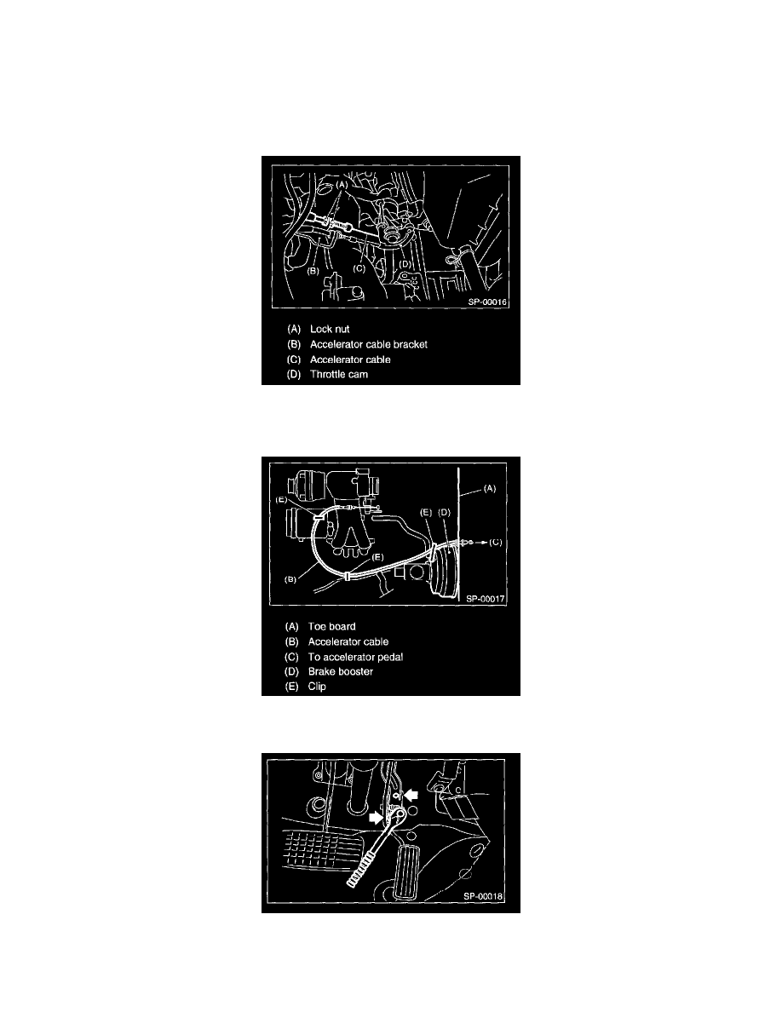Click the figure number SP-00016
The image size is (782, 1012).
point(488,302)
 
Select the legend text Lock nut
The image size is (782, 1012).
point(330,329)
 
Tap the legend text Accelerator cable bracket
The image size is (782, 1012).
point(368,345)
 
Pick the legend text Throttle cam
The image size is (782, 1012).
point(339,374)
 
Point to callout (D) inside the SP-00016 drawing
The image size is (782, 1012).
point(405,264)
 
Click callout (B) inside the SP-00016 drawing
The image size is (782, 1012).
point(313,271)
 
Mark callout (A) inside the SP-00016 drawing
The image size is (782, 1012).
point(342,184)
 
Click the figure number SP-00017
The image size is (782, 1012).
point(486,599)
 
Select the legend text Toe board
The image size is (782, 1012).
point(331,627)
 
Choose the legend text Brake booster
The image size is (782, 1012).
point(341,672)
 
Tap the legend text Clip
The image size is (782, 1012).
point(317,687)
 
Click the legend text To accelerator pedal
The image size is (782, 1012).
point(355,657)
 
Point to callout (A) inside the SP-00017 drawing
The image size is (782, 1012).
point(490,489)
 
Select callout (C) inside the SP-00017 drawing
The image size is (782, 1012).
point(495,542)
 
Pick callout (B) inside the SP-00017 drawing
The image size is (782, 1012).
point(291,579)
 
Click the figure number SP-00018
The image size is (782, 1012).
point(483,896)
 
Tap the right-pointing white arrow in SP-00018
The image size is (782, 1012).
point(377,818)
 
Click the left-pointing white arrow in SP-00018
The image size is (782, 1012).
point(411,795)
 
